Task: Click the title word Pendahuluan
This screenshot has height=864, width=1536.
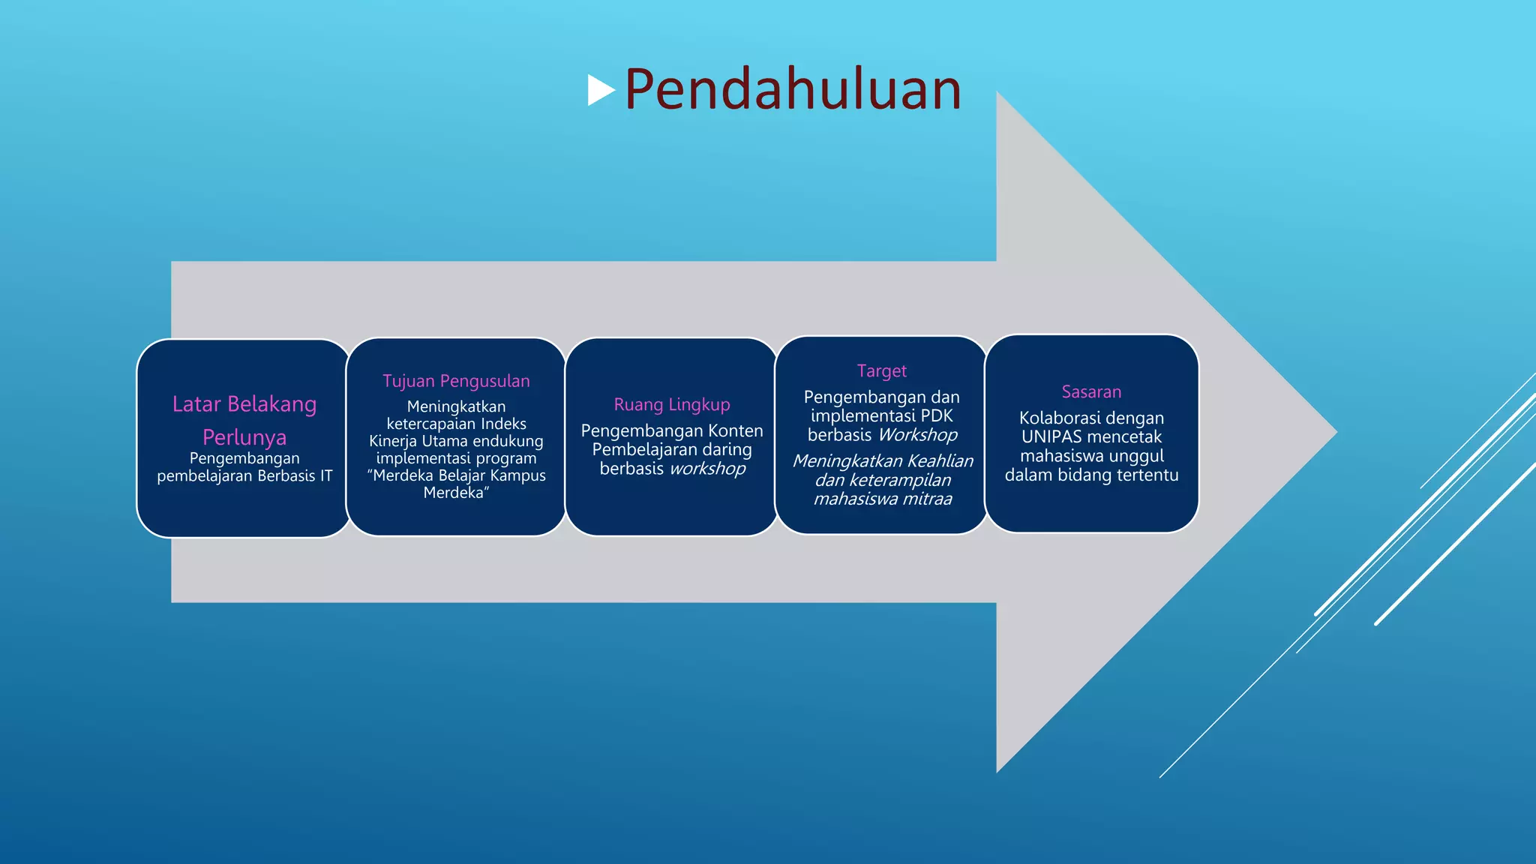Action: click(x=793, y=89)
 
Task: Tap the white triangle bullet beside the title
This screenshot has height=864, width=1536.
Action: click(x=600, y=90)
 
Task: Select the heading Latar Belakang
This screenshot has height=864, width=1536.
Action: click(x=244, y=404)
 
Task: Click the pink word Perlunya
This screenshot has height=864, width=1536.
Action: click(x=244, y=437)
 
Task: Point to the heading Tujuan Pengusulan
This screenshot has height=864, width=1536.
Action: click(x=456, y=381)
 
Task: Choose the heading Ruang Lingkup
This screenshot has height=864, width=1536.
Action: click(x=672, y=405)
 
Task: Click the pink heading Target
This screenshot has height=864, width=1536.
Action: click(x=882, y=371)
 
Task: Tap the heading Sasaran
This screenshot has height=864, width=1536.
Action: click(x=1091, y=392)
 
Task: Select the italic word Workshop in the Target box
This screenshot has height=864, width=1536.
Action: click(x=918, y=435)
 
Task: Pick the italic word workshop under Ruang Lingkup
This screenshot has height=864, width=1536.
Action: click(x=708, y=469)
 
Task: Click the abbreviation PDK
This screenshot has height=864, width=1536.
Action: click(x=937, y=416)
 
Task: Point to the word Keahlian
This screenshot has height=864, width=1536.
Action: click(x=940, y=461)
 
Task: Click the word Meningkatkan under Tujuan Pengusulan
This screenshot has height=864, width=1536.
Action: click(x=456, y=406)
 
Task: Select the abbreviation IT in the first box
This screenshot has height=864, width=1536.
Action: click(x=326, y=476)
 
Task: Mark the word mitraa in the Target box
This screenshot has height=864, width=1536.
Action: click(x=928, y=499)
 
